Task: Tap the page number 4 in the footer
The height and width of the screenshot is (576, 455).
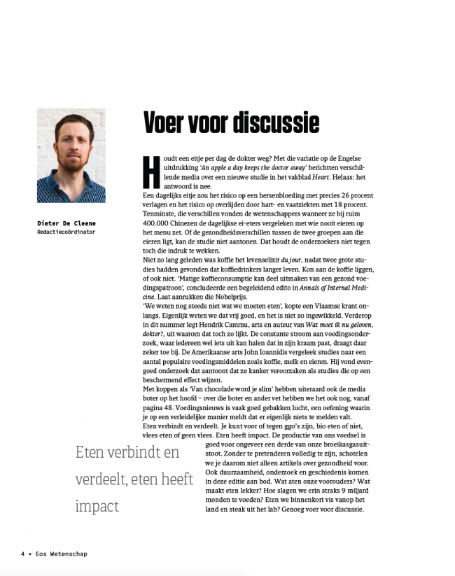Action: pos(22,554)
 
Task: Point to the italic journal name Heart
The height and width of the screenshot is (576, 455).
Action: pos(321,178)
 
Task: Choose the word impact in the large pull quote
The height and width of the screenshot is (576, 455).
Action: pos(99,505)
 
